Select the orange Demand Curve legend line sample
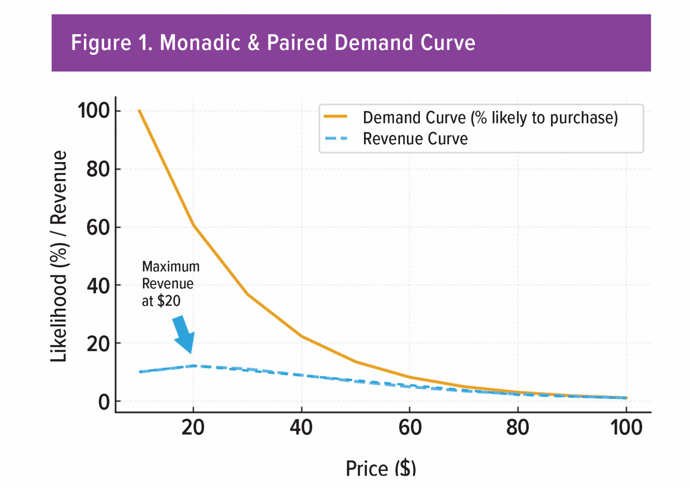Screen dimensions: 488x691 335,116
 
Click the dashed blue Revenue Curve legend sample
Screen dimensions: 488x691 335,139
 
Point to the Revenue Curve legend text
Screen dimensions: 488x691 415,139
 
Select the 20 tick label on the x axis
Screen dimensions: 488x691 193,429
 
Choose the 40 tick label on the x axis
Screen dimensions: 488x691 301,429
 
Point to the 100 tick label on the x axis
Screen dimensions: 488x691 625,429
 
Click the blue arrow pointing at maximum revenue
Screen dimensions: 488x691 183,334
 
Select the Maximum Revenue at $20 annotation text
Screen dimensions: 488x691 170,284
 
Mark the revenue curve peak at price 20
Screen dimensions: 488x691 193,366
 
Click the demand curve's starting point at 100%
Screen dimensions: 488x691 140,111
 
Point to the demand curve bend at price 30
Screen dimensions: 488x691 247,294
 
